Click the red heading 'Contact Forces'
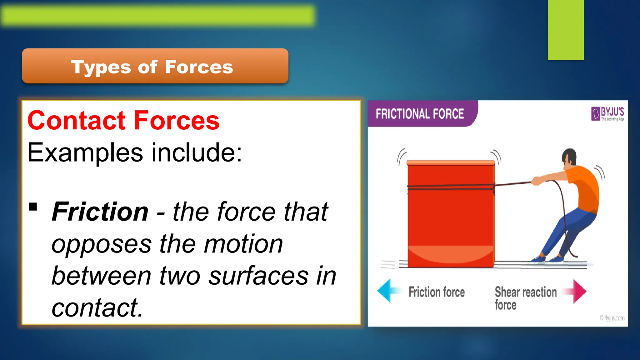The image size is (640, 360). coord(123,121)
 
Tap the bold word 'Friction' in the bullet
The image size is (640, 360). coord(100,212)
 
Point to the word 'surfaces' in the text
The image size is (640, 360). coord(258,276)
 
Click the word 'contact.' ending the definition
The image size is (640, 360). coord(97,308)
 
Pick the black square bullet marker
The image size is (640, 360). coord(33,207)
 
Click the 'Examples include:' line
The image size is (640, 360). coord(134,153)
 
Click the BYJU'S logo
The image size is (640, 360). coord(607,114)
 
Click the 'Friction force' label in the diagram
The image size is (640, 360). coord(437,292)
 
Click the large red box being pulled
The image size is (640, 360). coord(451,216)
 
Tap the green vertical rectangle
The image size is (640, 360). coord(566,30)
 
